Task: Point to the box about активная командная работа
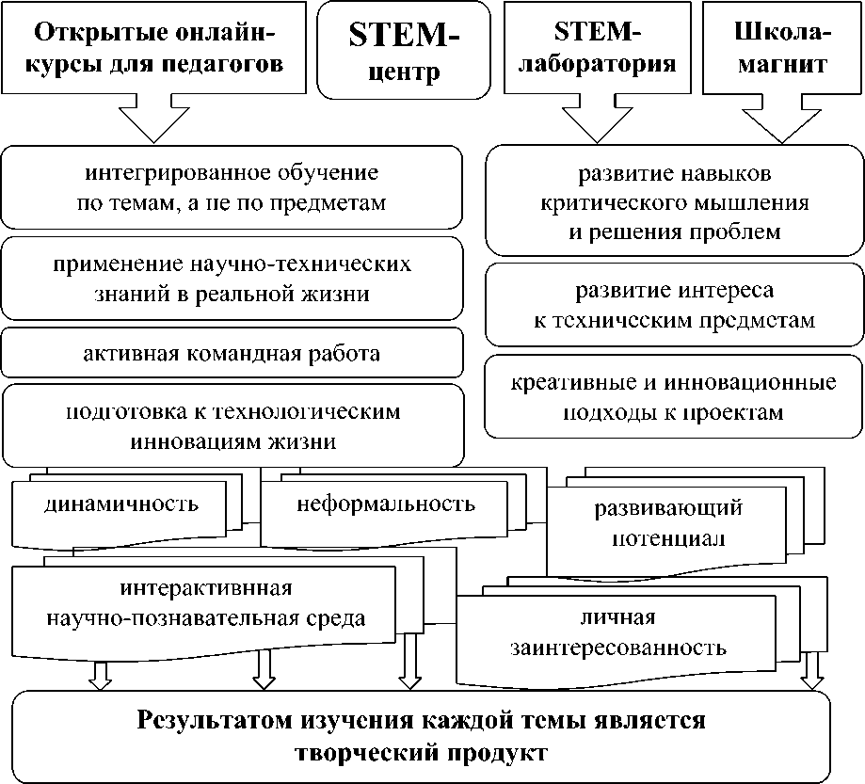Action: click(x=232, y=354)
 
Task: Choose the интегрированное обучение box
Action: click(x=232, y=188)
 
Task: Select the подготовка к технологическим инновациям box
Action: click(x=232, y=425)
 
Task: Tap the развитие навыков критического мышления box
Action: click(x=675, y=203)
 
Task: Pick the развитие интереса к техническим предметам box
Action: click(x=675, y=305)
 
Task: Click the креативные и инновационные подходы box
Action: click(x=675, y=398)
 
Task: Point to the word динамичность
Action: click(x=121, y=504)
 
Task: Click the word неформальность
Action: click(x=386, y=504)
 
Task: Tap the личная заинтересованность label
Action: click(x=617, y=633)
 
